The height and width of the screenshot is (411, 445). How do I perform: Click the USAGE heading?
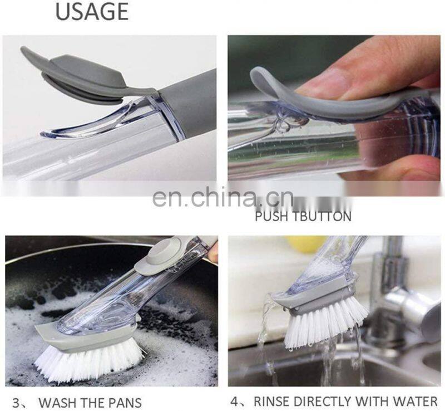pos(92,11)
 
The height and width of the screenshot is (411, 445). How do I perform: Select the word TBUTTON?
pos(322,216)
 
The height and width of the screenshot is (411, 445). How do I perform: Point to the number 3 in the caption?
pos(16,403)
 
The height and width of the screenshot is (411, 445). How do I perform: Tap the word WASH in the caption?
pos(57,403)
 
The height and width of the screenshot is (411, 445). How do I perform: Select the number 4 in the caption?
pos(235,402)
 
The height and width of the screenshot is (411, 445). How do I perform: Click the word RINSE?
pos(272,402)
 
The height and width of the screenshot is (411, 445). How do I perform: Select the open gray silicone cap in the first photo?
pos(75,75)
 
